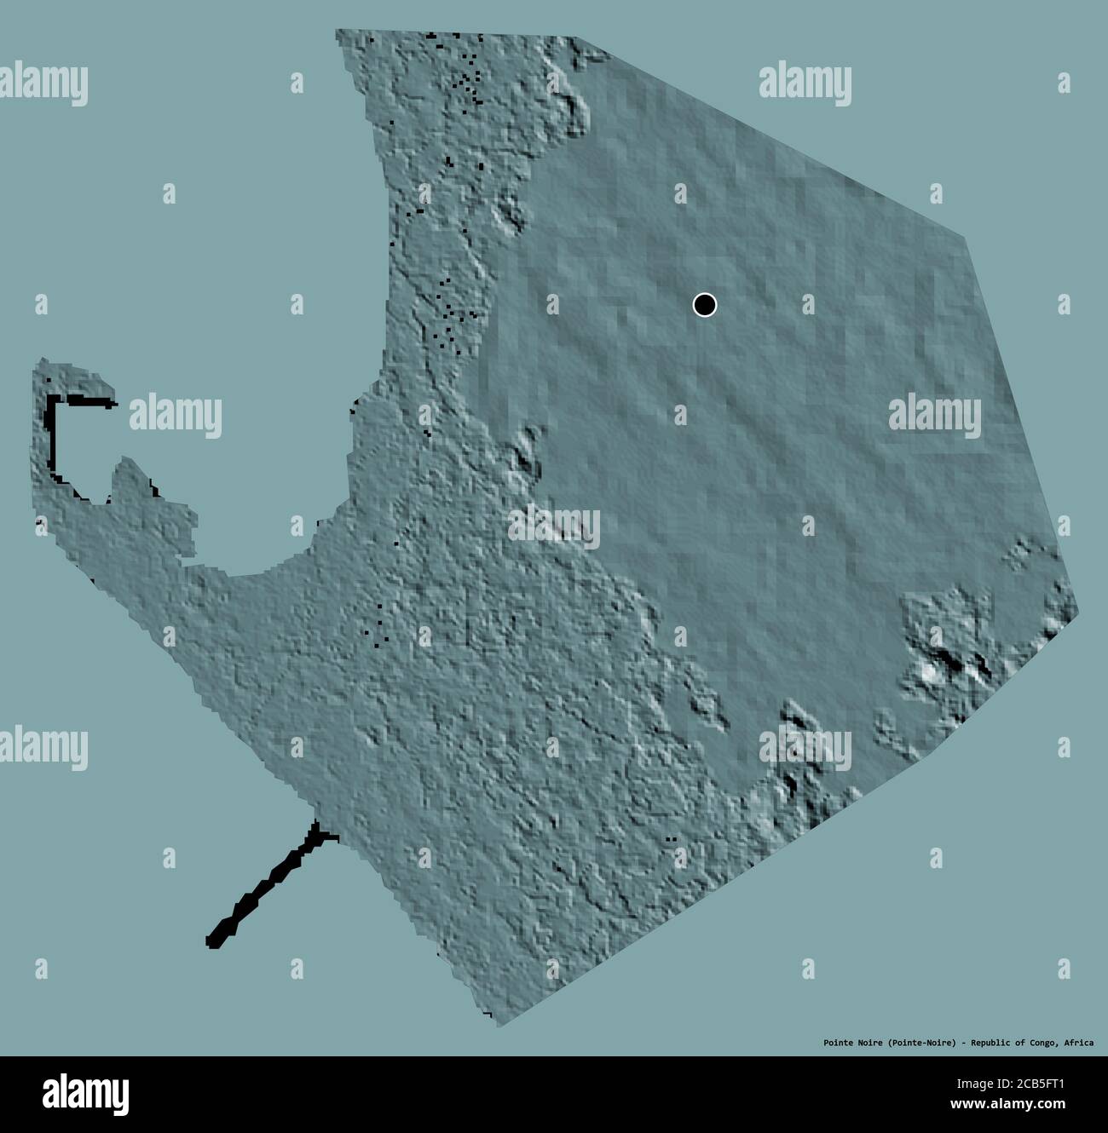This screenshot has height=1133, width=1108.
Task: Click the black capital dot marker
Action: coord(705,305)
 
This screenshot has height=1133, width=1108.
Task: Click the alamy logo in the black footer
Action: coord(85,1095)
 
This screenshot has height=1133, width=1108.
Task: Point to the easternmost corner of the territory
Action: coord(1077,613)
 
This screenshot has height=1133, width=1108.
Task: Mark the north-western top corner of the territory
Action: coord(337,32)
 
